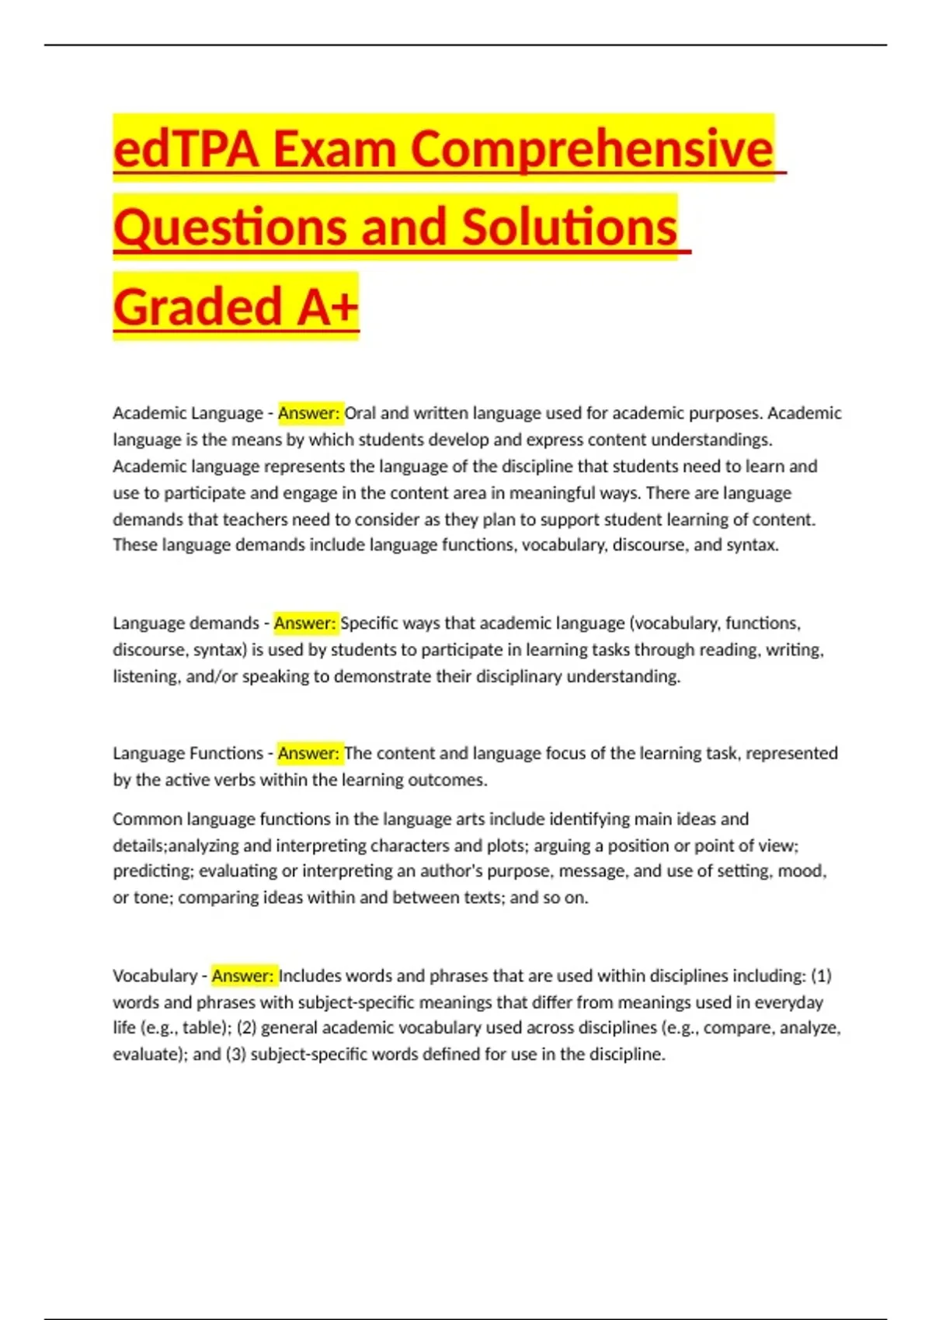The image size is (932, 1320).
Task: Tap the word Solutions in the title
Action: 569,228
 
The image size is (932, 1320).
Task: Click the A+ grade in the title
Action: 328,307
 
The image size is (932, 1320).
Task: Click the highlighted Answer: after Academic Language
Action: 309,413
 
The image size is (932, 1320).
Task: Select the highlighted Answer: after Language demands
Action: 305,624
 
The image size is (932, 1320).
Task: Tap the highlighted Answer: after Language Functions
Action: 309,753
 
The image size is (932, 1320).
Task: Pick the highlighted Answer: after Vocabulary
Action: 243,976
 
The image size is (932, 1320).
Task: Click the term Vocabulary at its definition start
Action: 155,976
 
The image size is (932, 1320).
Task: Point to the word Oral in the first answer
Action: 360,413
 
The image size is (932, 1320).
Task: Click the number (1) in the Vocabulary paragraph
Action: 821,976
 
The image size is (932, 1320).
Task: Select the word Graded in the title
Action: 197,307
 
